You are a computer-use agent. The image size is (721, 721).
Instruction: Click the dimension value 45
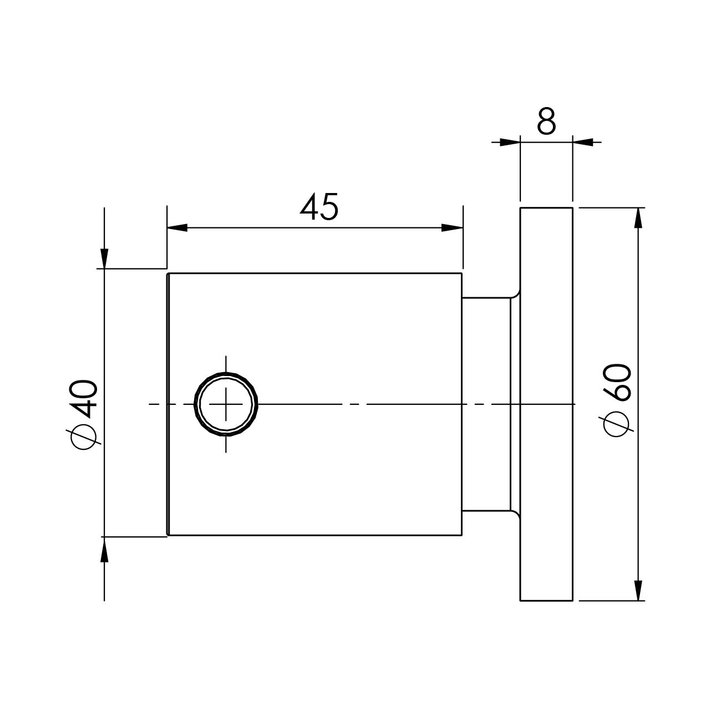[x=319, y=207]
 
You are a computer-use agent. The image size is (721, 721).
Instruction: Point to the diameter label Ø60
[x=618, y=399]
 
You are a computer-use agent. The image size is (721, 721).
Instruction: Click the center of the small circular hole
[x=226, y=404]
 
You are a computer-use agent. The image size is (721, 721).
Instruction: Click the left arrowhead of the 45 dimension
[x=176, y=227]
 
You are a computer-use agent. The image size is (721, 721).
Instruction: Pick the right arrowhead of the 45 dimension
[x=453, y=227]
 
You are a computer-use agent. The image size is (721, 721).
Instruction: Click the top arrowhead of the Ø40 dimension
[x=104, y=258]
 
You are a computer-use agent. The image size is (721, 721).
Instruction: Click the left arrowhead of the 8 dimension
[x=509, y=142]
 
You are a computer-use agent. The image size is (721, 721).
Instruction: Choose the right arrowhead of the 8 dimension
[x=582, y=142]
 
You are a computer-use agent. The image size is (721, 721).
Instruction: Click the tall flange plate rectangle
[x=546, y=404]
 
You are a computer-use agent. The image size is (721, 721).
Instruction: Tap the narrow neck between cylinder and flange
[x=486, y=404]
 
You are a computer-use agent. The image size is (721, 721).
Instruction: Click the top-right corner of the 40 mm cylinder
[x=461, y=273]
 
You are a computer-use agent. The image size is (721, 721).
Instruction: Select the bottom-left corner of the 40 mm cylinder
[x=168, y=535]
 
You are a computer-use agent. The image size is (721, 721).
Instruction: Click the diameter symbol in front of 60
[x=618, y=425]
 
